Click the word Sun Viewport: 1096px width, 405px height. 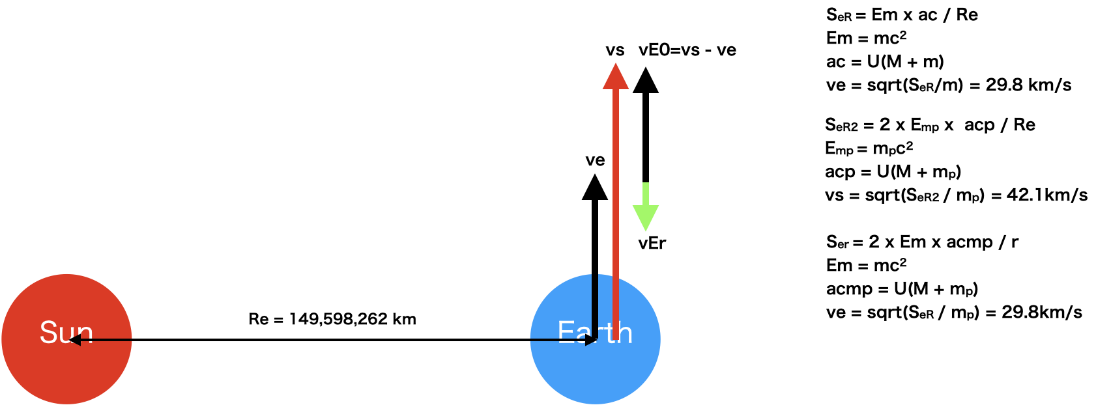[x=66, y=332]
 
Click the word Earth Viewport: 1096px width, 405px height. [x=594, y=332]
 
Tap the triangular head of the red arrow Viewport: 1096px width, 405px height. [x=616, y=78]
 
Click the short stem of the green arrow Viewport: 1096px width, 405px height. [x=646, y=193]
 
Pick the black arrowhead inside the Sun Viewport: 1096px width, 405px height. [x=76, y=339]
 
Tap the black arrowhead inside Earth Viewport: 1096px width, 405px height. [x=590, y=339]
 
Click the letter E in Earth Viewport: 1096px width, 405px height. [x=565, y=332]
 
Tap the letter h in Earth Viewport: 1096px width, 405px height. [x=624, y=332]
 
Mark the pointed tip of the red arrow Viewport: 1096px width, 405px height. [x=616, y=64]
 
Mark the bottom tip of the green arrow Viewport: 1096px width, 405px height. [x=646, y=230]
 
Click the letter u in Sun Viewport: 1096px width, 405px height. [x=66, y=334]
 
